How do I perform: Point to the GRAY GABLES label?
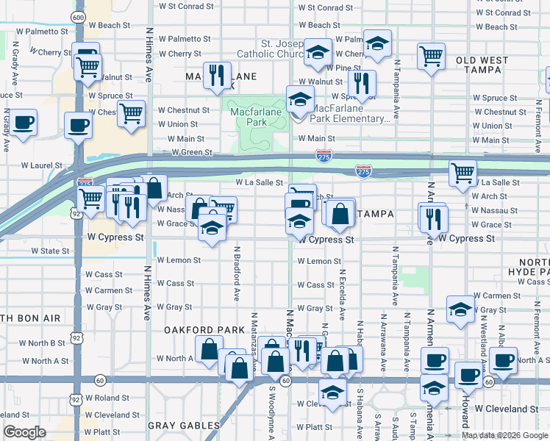coord(184,426)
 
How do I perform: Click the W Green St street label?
coord(192,153)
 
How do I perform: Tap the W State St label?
coord(50,251)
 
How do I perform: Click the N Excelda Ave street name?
coord(342,294)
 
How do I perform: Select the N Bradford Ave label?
coord(237,273)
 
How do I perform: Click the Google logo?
coord(24,432)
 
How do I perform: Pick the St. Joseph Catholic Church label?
coord(271,49)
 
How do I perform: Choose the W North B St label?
coord(43,343)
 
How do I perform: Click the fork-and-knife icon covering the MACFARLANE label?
coord(217,76)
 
